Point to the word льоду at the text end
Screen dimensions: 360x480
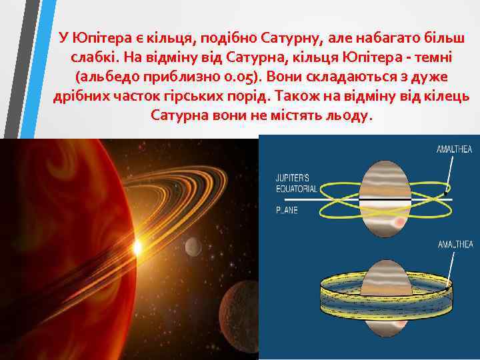(x=347, y=115)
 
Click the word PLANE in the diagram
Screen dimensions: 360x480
(x=288, y=209)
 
